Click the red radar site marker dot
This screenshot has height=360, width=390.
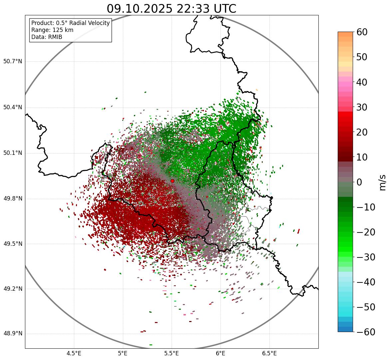pos(172,181)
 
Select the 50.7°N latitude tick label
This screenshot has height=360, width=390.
pos(13,62)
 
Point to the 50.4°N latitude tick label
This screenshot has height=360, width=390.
pos(13,107)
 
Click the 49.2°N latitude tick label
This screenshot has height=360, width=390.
pos(13,289)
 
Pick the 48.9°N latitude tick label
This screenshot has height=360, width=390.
pos(13,334)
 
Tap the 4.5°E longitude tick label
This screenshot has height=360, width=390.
pos(74,353)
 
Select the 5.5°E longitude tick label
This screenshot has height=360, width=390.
pos(172,353)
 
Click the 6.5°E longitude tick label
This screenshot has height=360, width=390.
pos(269,353)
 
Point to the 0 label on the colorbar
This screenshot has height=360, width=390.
pos(359,182)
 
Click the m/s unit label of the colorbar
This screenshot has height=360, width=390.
pos(382,182)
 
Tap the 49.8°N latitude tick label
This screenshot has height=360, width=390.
pos(13,198)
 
